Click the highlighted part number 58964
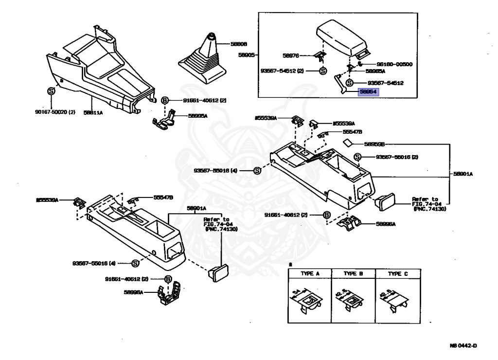point(368,92)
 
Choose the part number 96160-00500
point(395,64)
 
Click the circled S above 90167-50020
point(51,91)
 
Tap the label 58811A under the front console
point(92,112)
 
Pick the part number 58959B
point(374,144)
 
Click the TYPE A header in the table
point(310,273)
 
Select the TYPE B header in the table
point(354,273)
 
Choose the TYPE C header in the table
point(397,273)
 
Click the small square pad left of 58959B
point(348,143)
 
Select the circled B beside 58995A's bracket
point(165,100)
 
